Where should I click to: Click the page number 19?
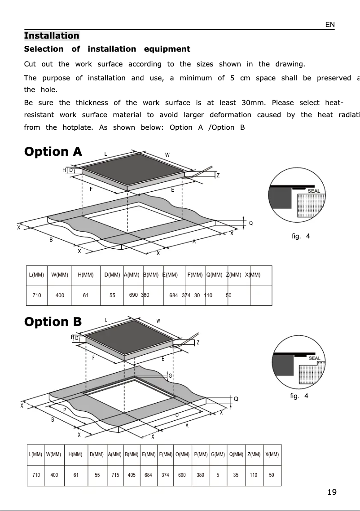coord(332,492)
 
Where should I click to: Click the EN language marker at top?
coord(330,25)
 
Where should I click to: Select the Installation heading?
coord(52,36)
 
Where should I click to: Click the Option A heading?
coord(53,152)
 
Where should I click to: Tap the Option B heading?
coord(53,322)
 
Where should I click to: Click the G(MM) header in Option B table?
coord(218,454)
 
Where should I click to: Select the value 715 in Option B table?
coord(115,475)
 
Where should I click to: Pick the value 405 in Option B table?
coord(132,475)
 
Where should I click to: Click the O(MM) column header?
coord(182,454)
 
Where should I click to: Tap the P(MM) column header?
coord(200,454)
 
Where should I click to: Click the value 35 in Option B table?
coord(236,475)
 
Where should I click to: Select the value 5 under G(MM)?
coord(218,475)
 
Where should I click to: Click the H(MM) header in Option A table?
coord(86,275)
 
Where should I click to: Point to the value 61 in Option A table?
coord(86,295)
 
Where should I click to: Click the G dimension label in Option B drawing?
coord(170,375)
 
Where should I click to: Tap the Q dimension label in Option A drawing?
coord(250,223)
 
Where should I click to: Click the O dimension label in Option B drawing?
coord(177,415)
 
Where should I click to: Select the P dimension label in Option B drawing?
coord(65,410)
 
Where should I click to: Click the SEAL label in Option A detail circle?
coord(313,191)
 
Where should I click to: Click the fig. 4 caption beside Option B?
coord(299,396)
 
